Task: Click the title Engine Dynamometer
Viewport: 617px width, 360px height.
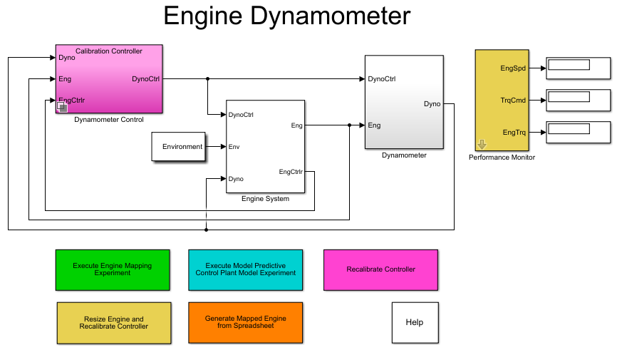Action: coord(286,16)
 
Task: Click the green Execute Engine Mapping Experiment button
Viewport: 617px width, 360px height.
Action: coord(113,269)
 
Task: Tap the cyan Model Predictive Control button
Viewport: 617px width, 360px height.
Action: coord(245,269)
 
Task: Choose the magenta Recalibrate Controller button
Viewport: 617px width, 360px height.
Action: coord(380,269)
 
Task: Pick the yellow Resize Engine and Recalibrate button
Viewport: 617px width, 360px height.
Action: coord(114,323)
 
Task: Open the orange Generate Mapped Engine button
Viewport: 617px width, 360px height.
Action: coord(245,323)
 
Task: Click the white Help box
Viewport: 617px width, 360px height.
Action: coord(415,322)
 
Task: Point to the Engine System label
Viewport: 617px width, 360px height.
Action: coord(265,199)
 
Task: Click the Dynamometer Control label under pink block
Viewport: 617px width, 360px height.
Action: coord(109,120)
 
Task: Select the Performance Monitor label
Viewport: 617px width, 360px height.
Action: coord(502,157)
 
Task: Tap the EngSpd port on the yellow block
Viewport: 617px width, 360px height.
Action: coord(514,68)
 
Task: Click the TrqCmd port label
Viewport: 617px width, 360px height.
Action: coord(514,101)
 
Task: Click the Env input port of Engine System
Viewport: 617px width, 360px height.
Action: coord(234,147)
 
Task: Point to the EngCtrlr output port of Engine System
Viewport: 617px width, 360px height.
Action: coord(291,171)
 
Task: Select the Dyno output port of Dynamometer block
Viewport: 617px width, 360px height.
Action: coord(432,104)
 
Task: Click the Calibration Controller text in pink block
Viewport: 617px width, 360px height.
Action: coord(109,51)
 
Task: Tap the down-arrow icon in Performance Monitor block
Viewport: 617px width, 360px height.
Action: coord(482,144)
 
